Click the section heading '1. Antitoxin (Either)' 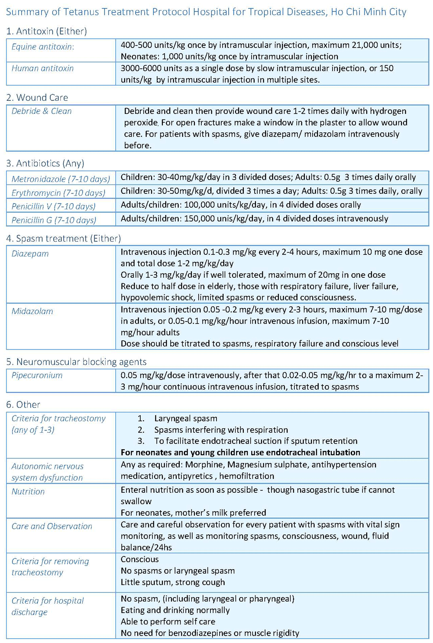pos(46,31)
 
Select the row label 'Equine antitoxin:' pos(42,47)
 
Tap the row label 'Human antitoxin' pos(42,68)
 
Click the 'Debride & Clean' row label pos(42,111)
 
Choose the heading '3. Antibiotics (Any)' pos(45,163)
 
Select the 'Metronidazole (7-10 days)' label pos(61,179)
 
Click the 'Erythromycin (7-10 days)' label pos(58,193)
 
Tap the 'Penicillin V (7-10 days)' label pos(53,206)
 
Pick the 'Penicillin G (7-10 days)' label pos(54,220)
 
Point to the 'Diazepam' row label pos(30,254)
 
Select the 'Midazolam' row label pos(32,311)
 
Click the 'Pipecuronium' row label pos(37,375)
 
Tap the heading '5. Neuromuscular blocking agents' pos(76,362)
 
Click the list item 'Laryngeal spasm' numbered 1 pos(185,418)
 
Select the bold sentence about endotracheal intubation pos(240,452)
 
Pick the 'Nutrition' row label pos(28,492)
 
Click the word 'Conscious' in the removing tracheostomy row pos(139,559)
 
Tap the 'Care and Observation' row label pos(52,526)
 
